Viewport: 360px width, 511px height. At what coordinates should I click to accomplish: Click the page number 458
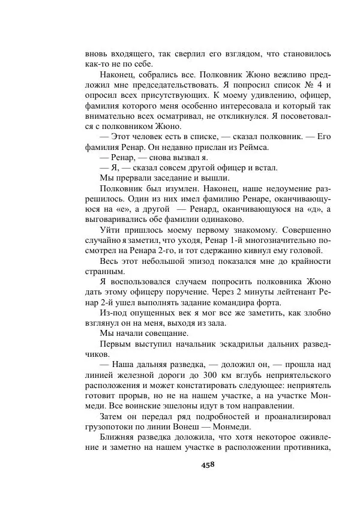pos(208,465)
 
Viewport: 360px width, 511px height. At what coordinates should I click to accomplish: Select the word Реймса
pos(252,147)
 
